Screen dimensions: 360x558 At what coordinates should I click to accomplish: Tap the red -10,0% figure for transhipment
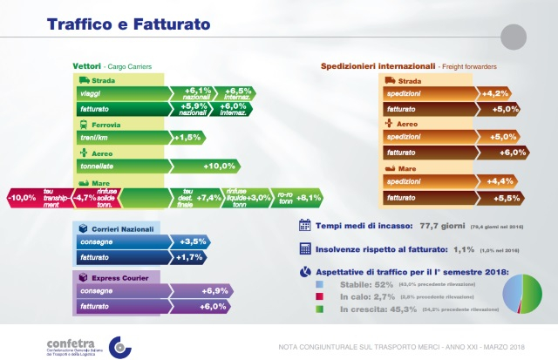22,198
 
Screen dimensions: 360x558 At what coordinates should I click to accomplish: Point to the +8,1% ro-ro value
314,198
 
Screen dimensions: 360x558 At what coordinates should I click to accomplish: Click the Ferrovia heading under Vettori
103,125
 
